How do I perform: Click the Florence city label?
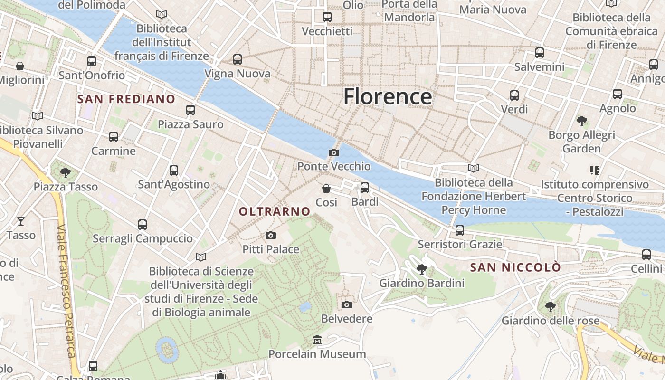[388, 96]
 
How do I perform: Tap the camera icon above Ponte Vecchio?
[334, 152]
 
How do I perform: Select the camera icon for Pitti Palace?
[271, 235]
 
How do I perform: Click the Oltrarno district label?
[275, 212]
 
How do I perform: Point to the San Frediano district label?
[126, 99]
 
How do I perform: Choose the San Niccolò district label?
[515, 267]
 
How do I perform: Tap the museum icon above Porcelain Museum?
[317, 340]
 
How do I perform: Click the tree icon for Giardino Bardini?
[421, 269]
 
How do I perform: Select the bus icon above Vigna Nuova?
[237, 59]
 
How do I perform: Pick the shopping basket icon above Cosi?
[326, 189]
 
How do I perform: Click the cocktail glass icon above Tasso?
[21, 221]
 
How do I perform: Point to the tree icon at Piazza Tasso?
[66, 172]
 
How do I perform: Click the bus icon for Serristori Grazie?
[459, 230]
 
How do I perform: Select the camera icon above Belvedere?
[347, 304]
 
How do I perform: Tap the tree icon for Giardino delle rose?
[551, 306]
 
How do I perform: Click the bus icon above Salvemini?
[539, 53]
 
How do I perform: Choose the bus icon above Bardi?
[365, 188]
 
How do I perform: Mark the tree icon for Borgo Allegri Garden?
[581, 121]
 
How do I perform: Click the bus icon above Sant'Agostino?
[174, 170]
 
